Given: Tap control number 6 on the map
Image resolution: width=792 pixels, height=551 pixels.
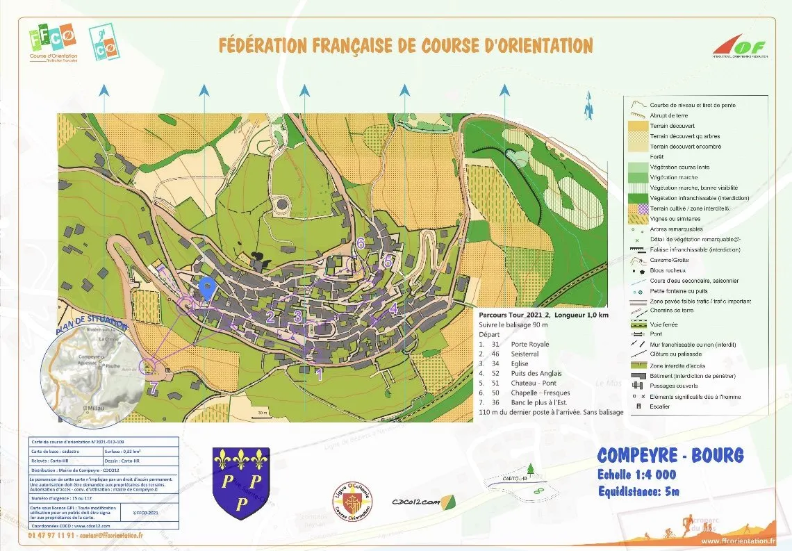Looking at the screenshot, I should pyautogui.click(x=360, y=243).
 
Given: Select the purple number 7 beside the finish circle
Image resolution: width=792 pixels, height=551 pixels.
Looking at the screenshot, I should pyautogui.click(x=154, y=388).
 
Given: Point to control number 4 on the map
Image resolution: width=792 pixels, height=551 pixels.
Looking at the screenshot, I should pyautogui.click(x=393, y=307).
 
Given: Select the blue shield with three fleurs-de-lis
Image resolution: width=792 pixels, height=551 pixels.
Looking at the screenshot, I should pyautogui.click(x=240, y=483).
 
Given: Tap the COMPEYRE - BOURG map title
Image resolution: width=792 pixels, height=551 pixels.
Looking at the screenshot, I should pyautogui.click(x=670, y=456).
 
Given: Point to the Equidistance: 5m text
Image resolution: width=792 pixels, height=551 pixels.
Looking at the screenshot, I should pyautogui.click(x=638, y=492).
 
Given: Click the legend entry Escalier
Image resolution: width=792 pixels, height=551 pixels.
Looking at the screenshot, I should pyautogui.click(x=661, y=406).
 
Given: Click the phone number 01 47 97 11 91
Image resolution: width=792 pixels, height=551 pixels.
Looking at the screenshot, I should pyautogui.click(x=52, y=536).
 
